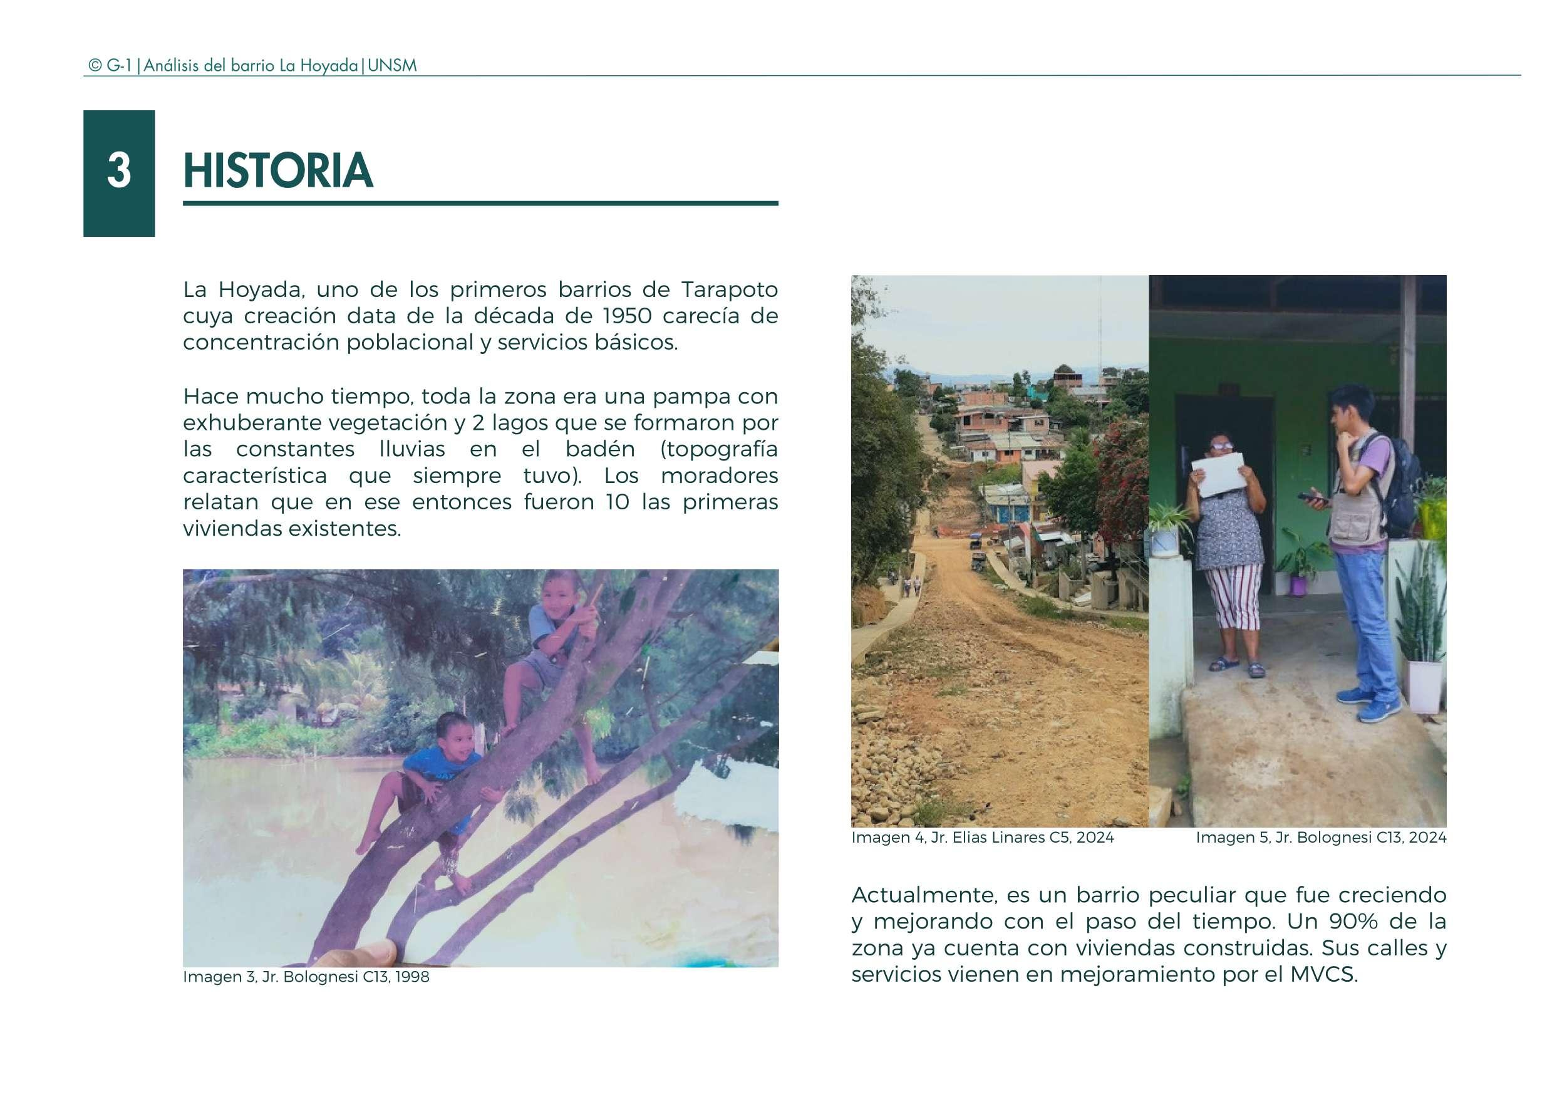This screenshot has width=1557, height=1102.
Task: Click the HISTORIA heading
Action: (x=277, y=170)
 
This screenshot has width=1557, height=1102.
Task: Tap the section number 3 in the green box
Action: (x=119, y=171)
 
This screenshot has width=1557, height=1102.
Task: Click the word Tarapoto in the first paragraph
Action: (x=729, y=289)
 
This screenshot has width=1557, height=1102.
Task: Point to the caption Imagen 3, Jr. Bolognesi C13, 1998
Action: (x=306, y=977)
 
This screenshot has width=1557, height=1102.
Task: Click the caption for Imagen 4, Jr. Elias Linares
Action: (x=983, y=838)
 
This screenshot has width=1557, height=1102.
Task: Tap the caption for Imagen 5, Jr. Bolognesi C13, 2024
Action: (x=1320, y=838)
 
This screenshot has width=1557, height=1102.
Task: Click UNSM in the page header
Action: (x=392, y=66)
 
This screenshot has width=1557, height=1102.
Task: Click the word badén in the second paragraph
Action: (x=599, y=449)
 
